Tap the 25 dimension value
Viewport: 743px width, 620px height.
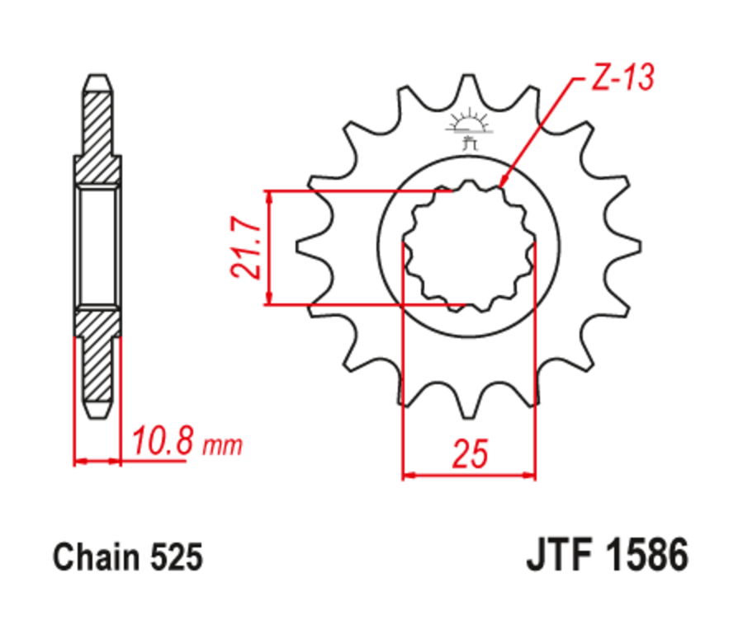(470, 453)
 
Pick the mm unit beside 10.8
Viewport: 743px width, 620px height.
(223, 447)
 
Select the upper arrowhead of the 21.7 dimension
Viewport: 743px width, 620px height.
(270, 198)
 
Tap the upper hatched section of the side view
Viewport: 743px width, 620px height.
(98, 124)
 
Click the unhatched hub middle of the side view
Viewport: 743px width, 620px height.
(98, 247)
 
